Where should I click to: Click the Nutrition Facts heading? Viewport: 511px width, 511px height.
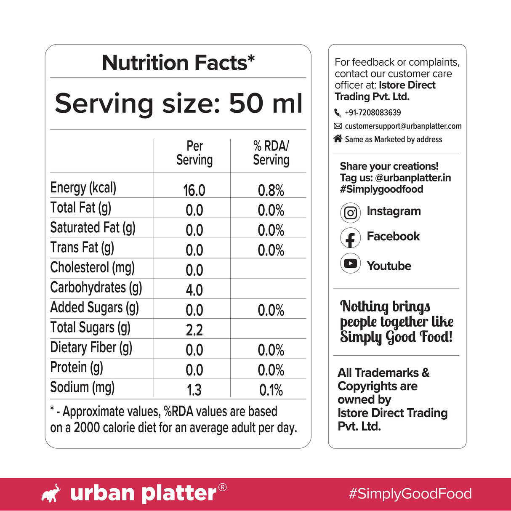point(178,63)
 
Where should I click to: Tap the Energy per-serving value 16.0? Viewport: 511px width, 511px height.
point(194,190)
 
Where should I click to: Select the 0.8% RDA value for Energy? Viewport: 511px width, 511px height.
point(271,190)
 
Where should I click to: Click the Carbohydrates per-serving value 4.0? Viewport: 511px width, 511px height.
point(194,290)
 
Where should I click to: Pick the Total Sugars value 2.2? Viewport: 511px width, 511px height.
point(194,330)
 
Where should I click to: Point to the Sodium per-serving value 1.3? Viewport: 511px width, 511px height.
point(194,390)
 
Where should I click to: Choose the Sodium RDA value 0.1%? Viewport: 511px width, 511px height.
point(271,390)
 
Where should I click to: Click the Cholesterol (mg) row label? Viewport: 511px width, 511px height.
point(92,268)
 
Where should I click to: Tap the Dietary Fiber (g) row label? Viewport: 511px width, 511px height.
point(91,348)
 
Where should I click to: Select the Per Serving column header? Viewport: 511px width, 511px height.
point(194,153)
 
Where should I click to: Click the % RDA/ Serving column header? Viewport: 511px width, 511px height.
point(271,153)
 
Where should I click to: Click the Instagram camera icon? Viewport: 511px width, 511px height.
point(350,213)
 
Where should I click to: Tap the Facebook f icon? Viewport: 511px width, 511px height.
point(350,238)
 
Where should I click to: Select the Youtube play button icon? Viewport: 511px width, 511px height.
point(350,263)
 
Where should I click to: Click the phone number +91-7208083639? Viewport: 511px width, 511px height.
point(373,113)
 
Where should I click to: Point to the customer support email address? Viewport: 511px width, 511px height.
point(403,126)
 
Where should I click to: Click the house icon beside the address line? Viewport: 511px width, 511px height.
point(338,138)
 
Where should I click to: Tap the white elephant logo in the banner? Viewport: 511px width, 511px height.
point(51,493)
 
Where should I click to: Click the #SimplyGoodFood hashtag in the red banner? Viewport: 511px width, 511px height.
point(410,494)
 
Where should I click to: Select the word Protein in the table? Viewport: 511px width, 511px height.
point(69,367)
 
